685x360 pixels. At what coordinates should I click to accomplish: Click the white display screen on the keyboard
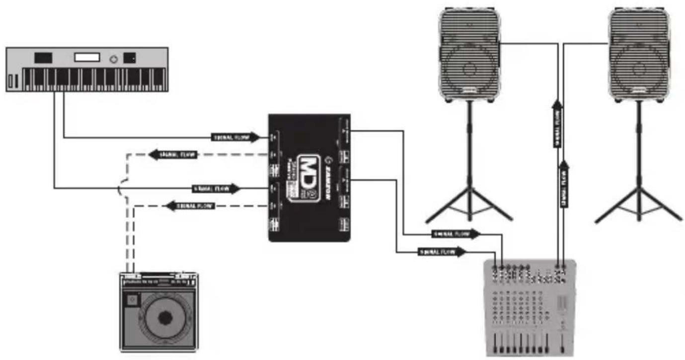pos(87,58)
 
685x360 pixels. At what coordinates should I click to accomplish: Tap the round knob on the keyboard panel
pos(114,59)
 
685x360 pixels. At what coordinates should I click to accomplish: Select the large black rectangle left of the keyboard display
pos(43,58)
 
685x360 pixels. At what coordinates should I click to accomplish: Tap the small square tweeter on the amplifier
pos(132,299)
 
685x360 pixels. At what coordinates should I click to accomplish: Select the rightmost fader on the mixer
pos(562,343)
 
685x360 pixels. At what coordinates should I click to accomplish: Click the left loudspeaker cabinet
pos(469,55)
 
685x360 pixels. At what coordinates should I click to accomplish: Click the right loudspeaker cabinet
pos(639,55)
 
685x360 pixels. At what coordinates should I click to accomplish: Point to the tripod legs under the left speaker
pos(469,204)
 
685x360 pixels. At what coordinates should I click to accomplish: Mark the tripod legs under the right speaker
pos(638,204)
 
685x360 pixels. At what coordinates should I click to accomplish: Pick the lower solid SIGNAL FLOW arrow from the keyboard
pos(216,189)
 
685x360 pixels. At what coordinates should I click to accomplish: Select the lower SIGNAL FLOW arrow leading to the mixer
pos(442,252)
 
